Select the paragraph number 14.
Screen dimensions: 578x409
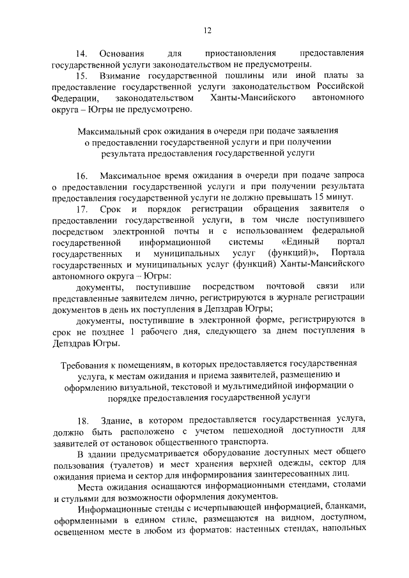coord(81,54)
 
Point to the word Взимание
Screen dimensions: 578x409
coord(120,76)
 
